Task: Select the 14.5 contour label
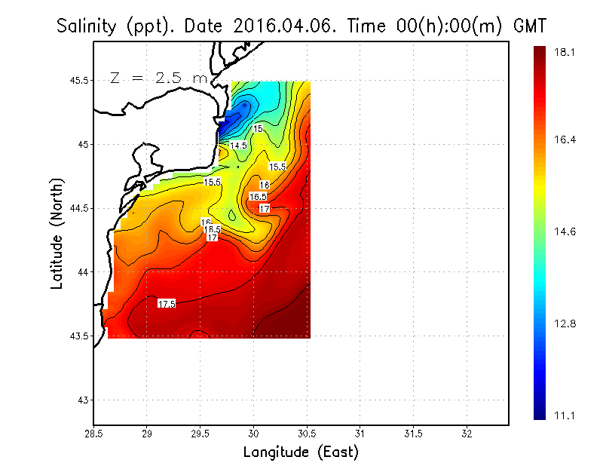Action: (x=238, y=145)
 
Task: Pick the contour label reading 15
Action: (x=258, y=129)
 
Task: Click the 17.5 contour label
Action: (x=167, y=303)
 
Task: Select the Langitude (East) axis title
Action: (x=301, y=452)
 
